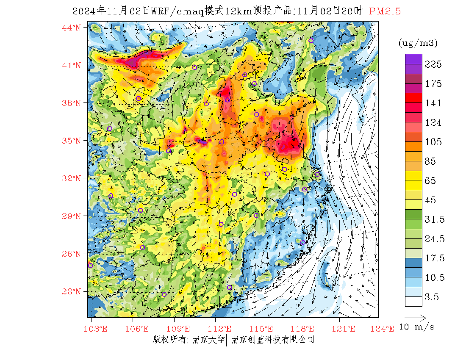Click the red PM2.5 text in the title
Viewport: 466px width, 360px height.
[385, 11]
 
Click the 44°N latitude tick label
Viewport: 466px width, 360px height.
[72, 28]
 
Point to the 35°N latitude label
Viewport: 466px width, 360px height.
[72, 141]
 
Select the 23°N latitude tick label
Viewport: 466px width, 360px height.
[72, 291]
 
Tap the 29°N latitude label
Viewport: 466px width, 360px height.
[72, 216]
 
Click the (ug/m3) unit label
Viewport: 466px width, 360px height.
[418, 43]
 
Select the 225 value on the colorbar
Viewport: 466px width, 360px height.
[433, 64]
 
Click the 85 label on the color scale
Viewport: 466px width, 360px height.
[433, 161]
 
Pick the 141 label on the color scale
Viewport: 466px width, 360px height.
[433, 103]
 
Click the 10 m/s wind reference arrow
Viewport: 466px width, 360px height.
[415, 317]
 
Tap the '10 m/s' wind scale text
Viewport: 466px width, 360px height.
[417, 327]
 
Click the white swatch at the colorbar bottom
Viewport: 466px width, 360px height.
[413, 301]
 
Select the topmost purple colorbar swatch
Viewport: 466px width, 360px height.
[413, 59]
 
